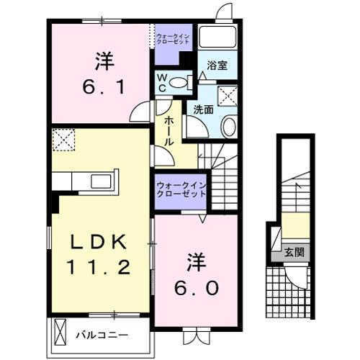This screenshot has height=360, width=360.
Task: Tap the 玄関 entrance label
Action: (294, 252)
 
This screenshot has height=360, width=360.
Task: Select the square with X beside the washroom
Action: (230, 94)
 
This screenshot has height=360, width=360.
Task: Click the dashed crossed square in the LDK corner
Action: (64, 139)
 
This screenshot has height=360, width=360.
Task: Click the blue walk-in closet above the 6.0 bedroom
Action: (181, 192)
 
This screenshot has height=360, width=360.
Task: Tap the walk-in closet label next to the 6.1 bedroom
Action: (174, 36)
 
